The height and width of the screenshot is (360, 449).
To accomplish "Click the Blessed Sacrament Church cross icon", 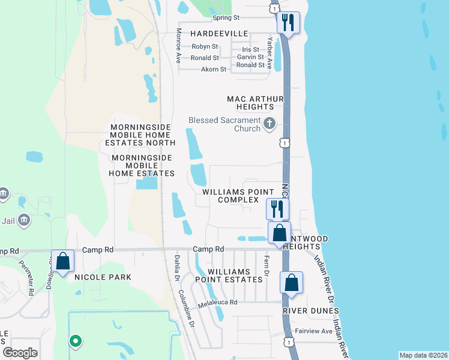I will tap(270, 124).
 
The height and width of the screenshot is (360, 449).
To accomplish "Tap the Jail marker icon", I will tap(25, 220).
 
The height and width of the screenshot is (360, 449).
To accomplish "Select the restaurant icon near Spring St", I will tap(288, 23).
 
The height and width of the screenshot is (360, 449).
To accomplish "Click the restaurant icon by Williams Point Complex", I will tap(277, 209).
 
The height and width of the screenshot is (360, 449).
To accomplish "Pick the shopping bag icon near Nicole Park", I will tap(62, 261).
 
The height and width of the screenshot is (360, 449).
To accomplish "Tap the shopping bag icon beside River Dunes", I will tap(291, 283).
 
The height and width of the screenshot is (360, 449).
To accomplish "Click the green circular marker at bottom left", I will tap(75, 341).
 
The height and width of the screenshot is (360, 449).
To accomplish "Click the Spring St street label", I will tap(226, 18).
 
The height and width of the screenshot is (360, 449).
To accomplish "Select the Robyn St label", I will tap(205, 46).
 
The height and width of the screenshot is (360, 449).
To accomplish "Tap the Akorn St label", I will tap(214, 70).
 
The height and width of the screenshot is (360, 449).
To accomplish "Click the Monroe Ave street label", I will tap(178, 46).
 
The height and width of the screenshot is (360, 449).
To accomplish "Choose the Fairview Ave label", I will tap(313, 331).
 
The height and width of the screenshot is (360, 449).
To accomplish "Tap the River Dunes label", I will tap(311, 311).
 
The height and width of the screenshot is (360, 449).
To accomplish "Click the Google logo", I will tap(20, 353).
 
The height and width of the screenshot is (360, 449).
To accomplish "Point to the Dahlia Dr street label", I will tap(177, 267).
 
